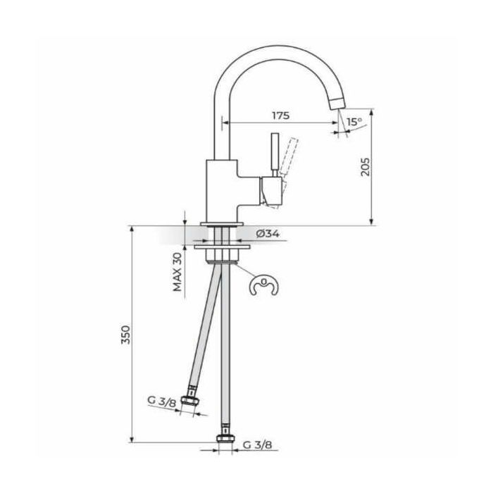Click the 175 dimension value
coord(281,116)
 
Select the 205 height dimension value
coord(366,167)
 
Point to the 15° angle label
coord(354,121)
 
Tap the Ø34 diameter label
coord(267,234)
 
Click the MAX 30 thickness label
coord(177,272)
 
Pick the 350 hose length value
coord(126,335)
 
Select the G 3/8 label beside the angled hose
coord(162,401)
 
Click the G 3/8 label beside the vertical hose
coord(258,445)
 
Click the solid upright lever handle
coord(275,154)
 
